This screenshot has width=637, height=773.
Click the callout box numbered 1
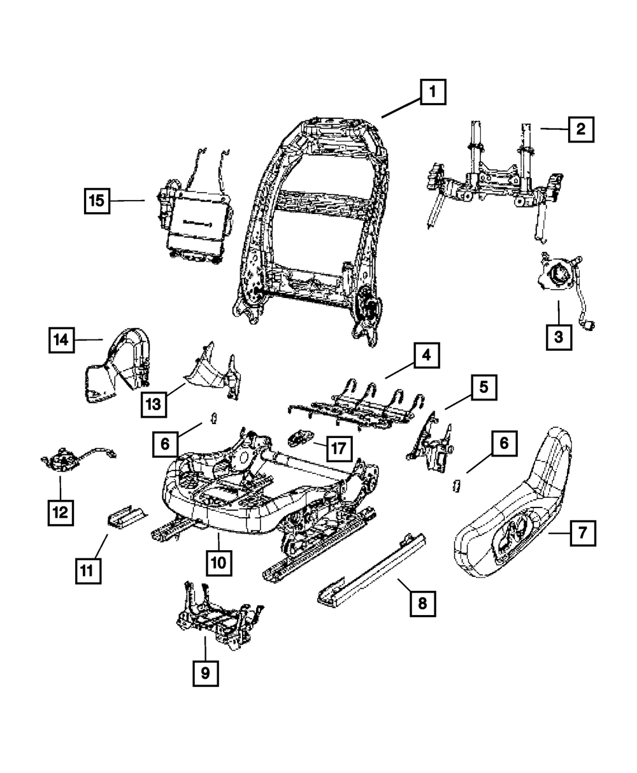[433, 94]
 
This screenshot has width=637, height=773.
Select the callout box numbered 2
[580, 129]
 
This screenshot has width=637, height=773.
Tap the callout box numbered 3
[559, 337]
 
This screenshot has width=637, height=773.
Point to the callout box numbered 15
[96, 201]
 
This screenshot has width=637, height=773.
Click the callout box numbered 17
[338, 448]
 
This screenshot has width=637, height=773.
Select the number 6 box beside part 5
[504, 444]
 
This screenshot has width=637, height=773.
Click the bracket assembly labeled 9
[213, 614]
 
